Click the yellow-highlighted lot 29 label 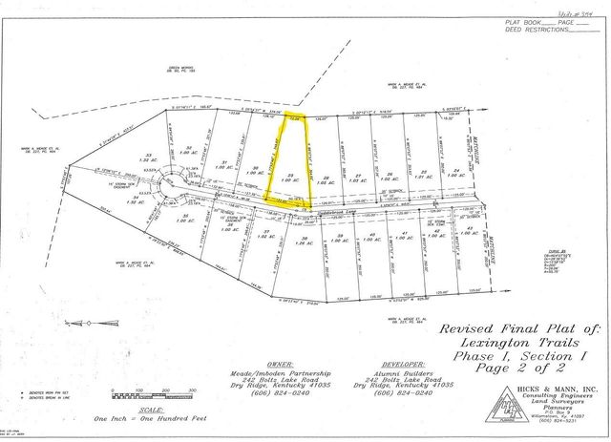[x=288, y=175]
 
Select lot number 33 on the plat [x=149, y=158]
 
